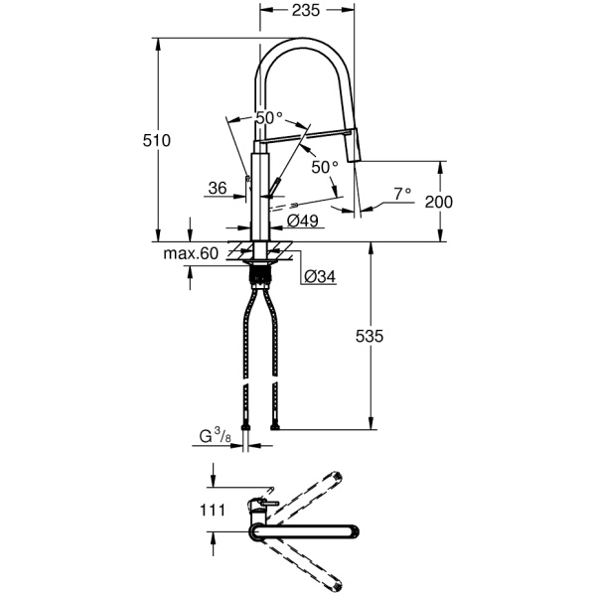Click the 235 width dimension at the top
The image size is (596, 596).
pyautogui.click(x=306, y=11)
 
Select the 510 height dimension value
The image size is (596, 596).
pyautogui.click(x=157, y=141)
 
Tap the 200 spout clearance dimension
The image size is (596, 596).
pyautogui.click(x=439, y=202)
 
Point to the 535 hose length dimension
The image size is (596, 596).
pyautogui.click(x=370, y=336)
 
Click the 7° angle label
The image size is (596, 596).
pyautogui.click(x=402, y=194)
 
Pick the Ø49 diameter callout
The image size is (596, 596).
pyautogui.click(x=303, y=221)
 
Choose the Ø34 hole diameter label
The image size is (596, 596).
pyautogui.click(x=320, y=277)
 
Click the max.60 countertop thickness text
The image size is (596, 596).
pyautogui.click(x=191, y=253)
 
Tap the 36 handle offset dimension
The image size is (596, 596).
pyautogui.click(x=218, y=188)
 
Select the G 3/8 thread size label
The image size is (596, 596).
pyautogui.click(x=215, y=436)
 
